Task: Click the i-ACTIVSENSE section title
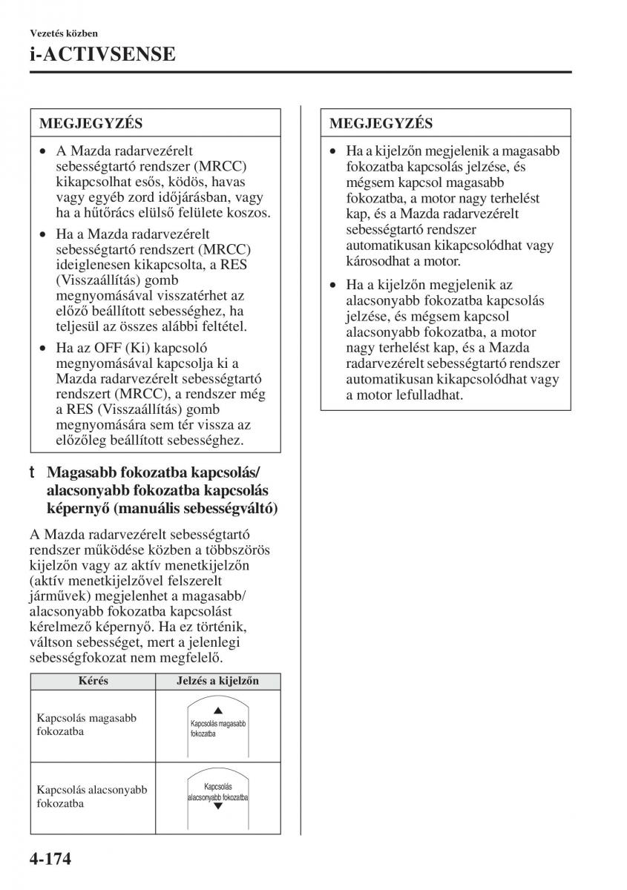click(102, 53)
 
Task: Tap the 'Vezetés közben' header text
click(64, 33)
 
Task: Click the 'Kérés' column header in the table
click(93, 681)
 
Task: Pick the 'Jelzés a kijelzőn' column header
click(217, 681)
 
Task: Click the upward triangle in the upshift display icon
click(217, 711)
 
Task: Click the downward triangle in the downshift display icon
click(217, 805)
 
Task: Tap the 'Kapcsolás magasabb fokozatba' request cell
click(86, 725)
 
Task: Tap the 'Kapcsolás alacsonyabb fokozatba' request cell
click(91, 797)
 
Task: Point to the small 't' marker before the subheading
click(33, 472)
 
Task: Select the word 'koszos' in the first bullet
click(250, 212)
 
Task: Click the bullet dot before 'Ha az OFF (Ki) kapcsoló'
click(44, 347)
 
